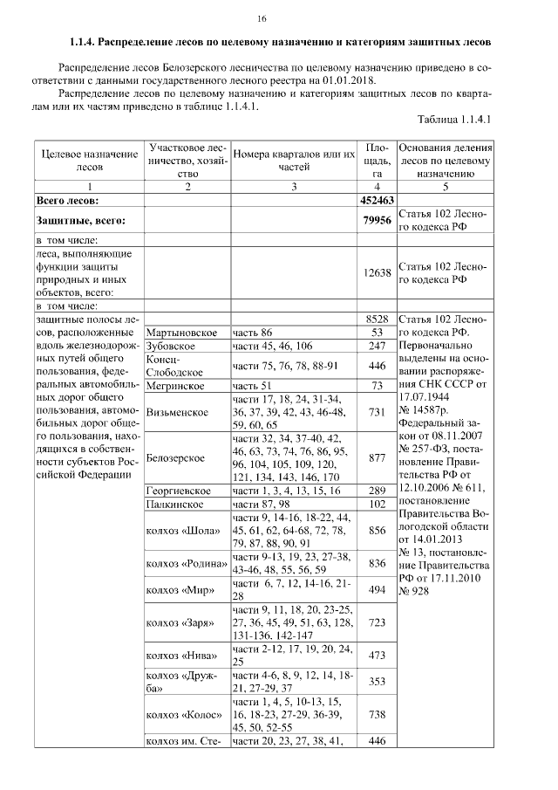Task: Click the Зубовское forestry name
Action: (174, 347)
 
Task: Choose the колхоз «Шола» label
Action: (184, 531)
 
